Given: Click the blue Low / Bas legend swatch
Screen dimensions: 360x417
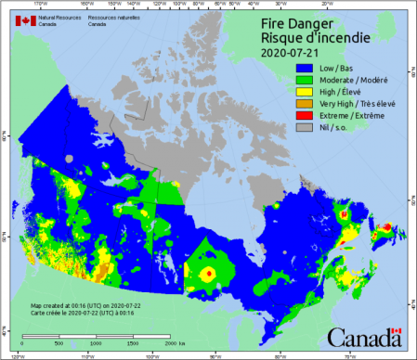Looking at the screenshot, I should [303, 68].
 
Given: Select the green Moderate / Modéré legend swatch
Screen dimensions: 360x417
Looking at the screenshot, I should [303, 80].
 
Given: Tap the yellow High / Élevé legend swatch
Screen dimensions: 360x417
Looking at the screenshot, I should [303, 92].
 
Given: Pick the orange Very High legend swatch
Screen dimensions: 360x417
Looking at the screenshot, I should [303, 104].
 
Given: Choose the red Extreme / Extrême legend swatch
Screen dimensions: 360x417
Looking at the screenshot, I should [303, 116].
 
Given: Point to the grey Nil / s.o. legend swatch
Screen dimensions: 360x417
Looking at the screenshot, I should [303, 128].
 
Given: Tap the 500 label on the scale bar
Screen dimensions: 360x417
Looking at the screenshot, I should [59, 343].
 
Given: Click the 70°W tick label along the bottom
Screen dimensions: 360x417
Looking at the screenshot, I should [345, 354].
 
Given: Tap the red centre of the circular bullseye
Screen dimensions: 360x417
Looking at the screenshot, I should [210, 274].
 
